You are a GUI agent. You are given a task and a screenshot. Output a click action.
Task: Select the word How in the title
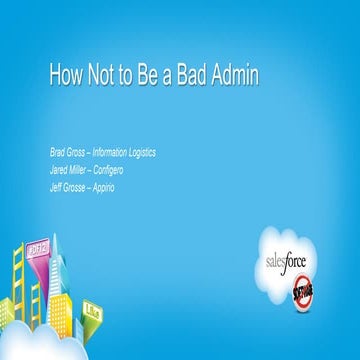[x=65, y=77]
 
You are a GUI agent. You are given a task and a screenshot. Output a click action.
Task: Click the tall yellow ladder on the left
[x=18, y=290]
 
